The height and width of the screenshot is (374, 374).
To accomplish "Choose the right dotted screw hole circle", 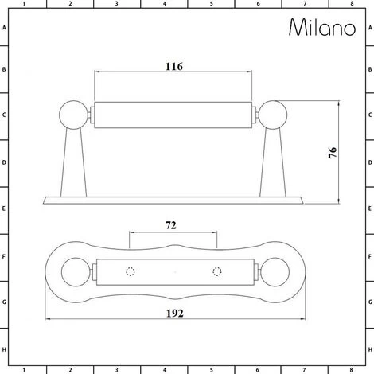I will pos(216,272).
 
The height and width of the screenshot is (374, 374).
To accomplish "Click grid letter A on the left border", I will pos(5,27).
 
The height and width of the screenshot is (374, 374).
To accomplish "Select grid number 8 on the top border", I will pos(351,5).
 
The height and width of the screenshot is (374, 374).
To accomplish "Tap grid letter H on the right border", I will pos(369,349).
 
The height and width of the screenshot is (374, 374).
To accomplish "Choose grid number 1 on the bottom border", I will pos(24,369).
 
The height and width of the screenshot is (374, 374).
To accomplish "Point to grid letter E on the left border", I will pos(5,211).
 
